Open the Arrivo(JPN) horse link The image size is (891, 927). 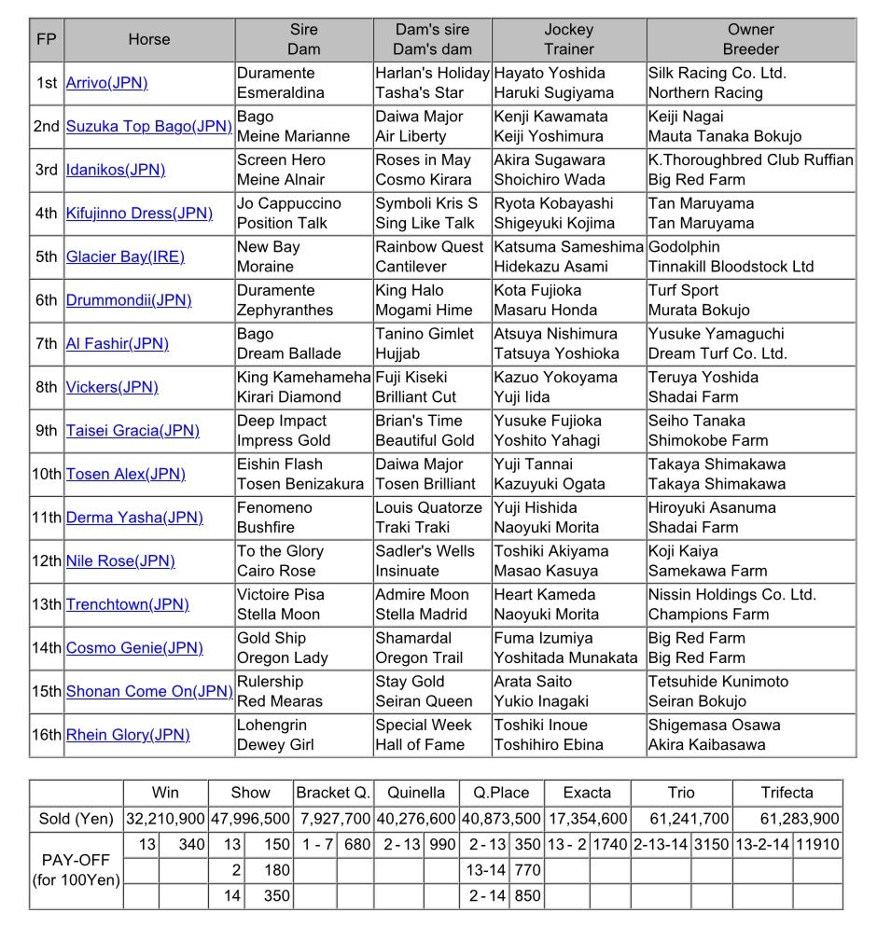[x=106, y=83]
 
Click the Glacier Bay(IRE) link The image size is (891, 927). [x=125, y=256]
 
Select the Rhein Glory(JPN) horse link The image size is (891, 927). [x=128, y=735]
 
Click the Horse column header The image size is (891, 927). [x=149, y=39]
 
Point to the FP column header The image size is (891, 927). [x=46, y=39]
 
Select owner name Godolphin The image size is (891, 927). [x=684, y=246]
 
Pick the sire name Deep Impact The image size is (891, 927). [x=281, y=421]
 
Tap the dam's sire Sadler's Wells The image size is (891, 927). [x=425, y=551]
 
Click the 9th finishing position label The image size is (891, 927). [x=47, y=431]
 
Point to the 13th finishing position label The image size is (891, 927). [x=47, y=604]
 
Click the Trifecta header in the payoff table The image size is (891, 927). [x=787, y=793]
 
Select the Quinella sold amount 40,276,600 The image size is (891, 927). [x=416, y=819]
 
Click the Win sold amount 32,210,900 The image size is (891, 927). [x=165, y=819]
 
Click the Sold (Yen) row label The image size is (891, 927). [x=76, y=819]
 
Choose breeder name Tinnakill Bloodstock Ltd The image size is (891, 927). [x=731, y=266]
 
